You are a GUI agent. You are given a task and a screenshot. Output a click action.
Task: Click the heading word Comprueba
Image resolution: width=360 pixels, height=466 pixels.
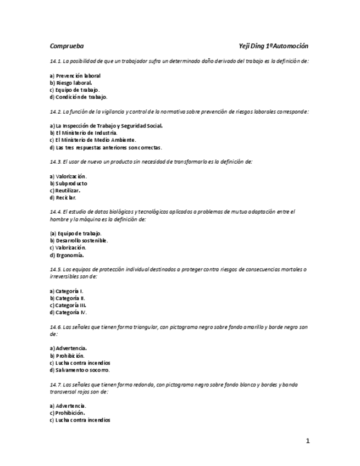pos(67,46)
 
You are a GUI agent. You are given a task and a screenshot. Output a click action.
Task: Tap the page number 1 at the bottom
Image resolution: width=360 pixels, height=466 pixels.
pos(308,440)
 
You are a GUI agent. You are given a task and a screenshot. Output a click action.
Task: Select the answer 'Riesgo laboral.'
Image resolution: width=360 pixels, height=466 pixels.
pos(74,82)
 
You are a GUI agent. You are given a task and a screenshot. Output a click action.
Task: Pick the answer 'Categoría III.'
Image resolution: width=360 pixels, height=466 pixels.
pos(71,305)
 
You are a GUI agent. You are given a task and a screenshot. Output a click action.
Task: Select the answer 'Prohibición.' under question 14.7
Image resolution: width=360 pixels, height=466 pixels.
pos(70,413)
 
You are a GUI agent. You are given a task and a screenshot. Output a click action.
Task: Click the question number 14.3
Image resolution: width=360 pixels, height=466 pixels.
pos(56,162)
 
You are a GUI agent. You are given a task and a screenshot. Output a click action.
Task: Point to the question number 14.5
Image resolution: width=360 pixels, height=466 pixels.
pos(56,269)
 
